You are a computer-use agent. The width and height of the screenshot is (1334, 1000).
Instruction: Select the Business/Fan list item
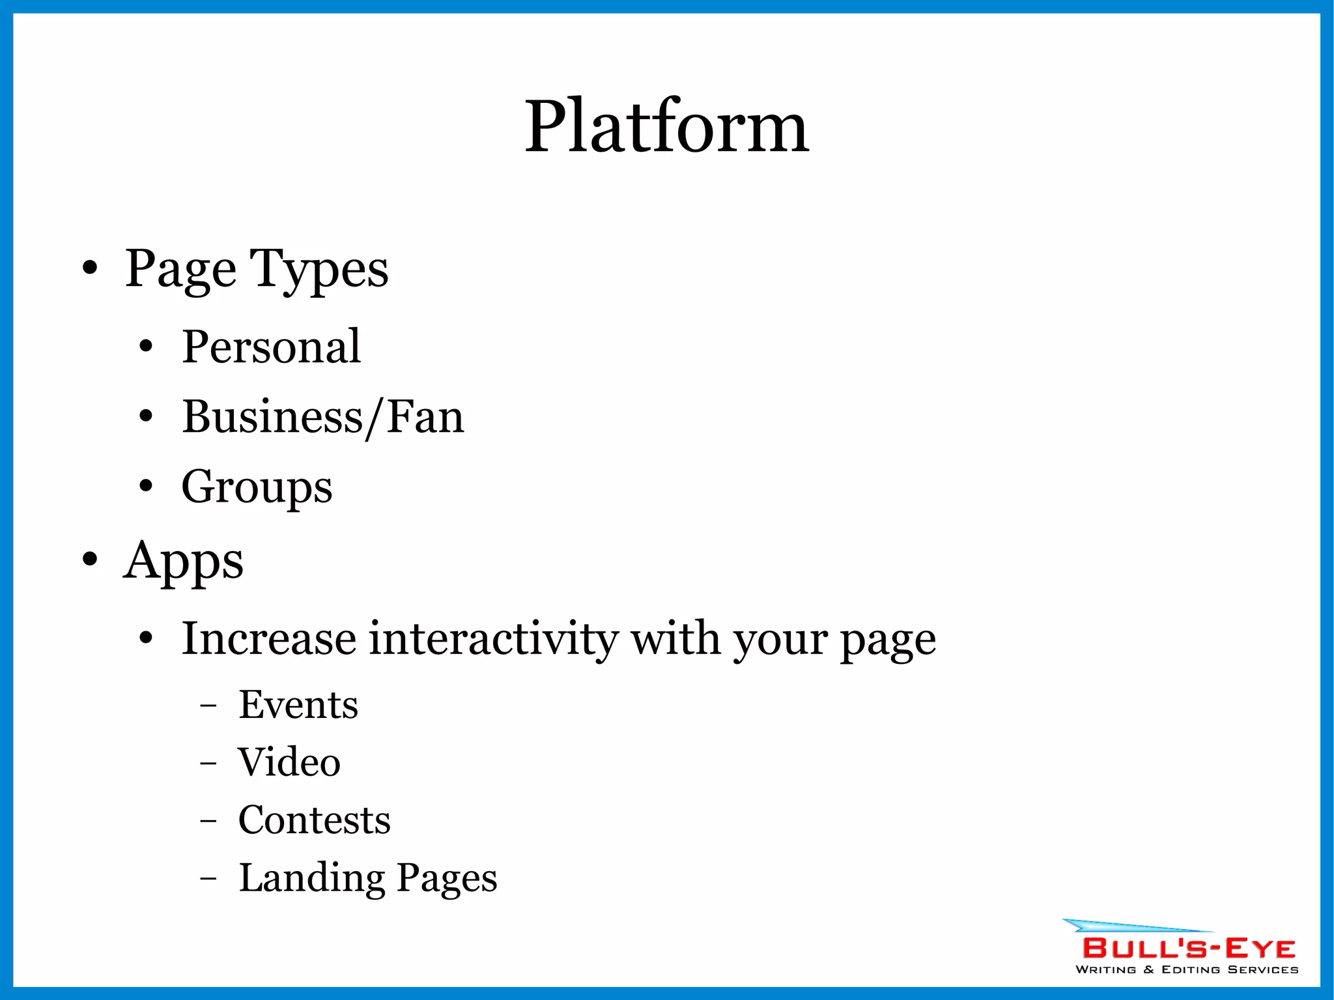(323, 417)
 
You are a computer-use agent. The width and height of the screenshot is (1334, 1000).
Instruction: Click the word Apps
(183, 561)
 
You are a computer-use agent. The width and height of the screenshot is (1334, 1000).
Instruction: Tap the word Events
(298, 705)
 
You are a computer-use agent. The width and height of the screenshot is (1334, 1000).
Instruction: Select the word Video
(289, 762)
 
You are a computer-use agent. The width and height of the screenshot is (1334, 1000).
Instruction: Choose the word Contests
(315, 820)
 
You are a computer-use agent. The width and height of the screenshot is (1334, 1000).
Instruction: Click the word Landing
(312, 878)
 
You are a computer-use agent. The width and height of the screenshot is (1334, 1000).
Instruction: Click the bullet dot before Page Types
(90, 268)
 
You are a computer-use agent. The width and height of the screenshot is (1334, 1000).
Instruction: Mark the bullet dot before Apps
(90, 559)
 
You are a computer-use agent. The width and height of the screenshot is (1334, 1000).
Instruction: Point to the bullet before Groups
(146, 485)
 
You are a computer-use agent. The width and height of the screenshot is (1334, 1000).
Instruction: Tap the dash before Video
(208, 762)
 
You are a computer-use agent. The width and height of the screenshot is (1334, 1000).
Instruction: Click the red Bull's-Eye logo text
(1189, 949)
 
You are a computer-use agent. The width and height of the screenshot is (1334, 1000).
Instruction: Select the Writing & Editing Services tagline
(1187, 970)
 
